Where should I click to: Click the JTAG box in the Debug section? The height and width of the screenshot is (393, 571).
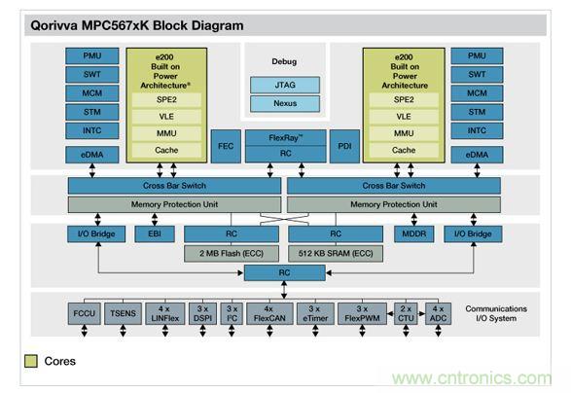(285, 85)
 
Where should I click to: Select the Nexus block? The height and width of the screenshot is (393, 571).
(285, 103)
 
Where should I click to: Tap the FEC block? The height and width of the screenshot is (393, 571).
(225, 145)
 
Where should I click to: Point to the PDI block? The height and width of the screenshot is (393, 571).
(344, 145)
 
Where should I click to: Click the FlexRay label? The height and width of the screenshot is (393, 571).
(285, 137)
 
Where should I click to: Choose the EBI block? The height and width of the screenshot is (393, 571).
(154, 234)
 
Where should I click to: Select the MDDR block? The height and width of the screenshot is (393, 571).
(412, 234)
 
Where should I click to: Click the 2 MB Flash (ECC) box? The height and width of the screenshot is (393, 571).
(230, 253)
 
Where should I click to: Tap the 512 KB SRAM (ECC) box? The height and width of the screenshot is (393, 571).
(335, 253)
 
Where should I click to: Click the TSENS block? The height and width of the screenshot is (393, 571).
(122, 314)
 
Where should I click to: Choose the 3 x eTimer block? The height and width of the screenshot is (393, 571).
(315, 314)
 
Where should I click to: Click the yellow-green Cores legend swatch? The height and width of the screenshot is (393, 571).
(31, 362)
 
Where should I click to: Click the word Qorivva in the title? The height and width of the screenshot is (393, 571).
(50, 25)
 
